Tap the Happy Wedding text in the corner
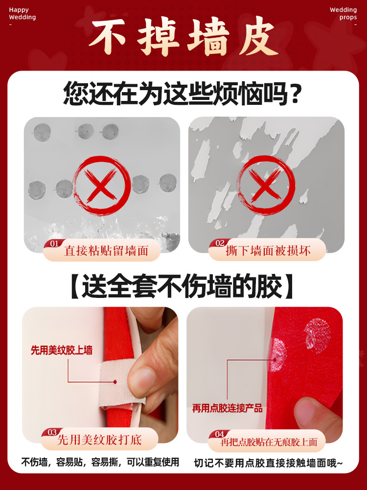tap(23, 14)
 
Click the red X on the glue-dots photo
tap(101, 186)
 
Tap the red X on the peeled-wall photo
tap(266, 186)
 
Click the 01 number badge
tap(54, 243)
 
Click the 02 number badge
tap(220, 243)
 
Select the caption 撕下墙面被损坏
tap(268, 251)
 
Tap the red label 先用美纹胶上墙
tap(62, 350)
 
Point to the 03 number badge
tap(52, 432)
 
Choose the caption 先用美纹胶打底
tap(100, 440)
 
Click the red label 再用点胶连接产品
tap(228, 408)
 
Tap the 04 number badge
tap(220, 434)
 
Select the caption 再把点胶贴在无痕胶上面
tap(269, 442)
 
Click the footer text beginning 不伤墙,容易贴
tap(100, 462)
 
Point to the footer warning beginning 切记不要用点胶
tap(269, 462)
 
